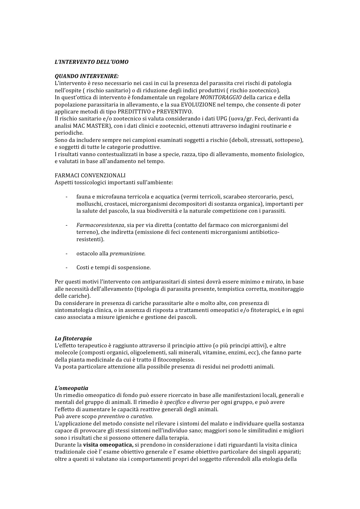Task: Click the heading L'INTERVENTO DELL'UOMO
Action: [91, 62]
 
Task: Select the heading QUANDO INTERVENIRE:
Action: [87, 76]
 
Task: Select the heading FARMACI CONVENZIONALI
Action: [90, 176]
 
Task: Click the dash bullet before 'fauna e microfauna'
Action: [67, 197]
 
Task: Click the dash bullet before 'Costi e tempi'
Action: [67, 268]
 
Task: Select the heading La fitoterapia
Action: [73, 339]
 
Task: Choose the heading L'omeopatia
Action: [71, 388]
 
